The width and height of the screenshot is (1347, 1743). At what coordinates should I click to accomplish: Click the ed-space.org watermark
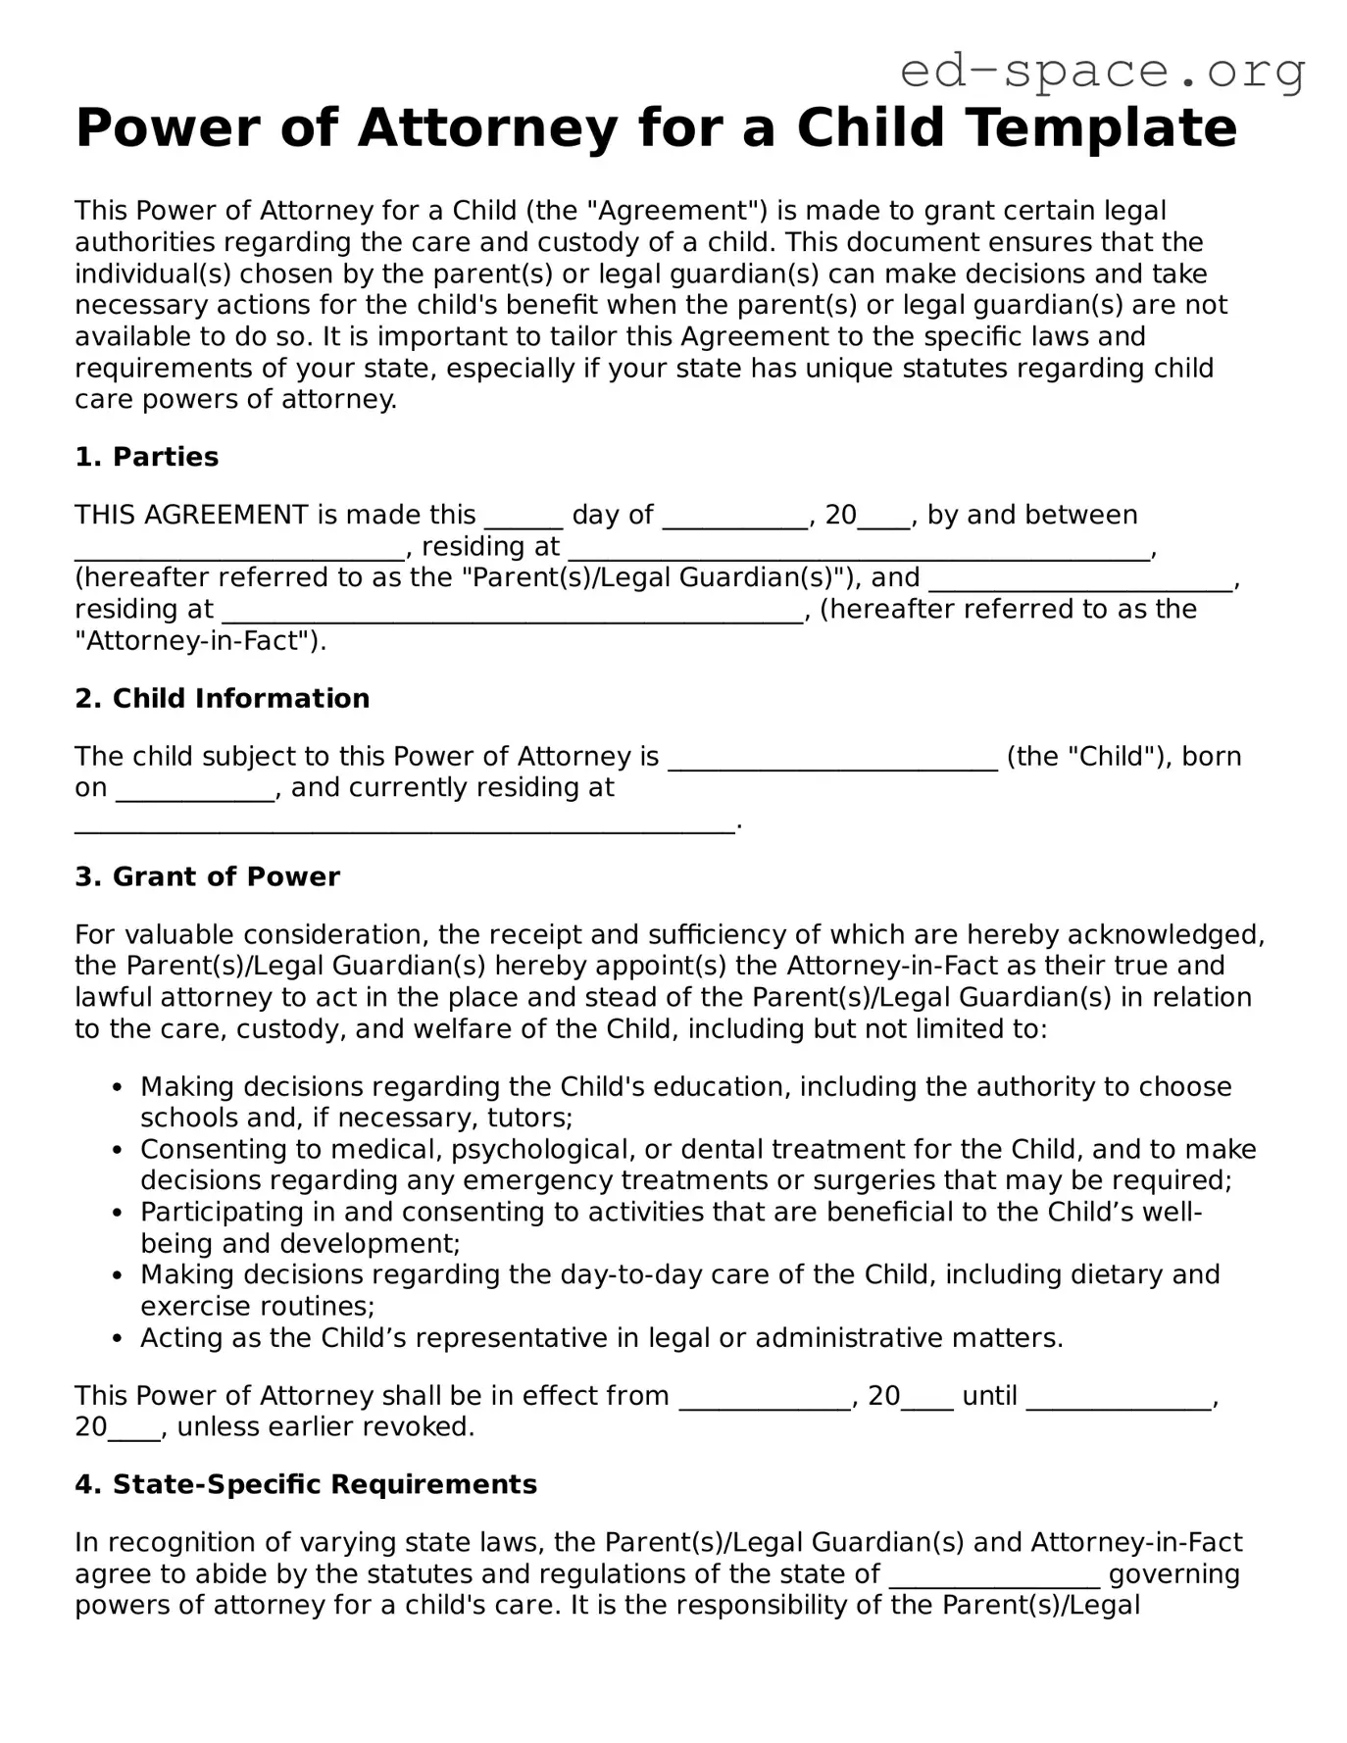[x=1102, y=71]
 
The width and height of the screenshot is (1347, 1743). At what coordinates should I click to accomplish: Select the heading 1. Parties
[x=147, y=457]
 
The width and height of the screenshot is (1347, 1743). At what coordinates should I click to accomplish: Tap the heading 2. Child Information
[x=223, y=698]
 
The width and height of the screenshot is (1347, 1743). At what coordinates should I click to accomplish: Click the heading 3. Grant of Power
[x=207, y=876]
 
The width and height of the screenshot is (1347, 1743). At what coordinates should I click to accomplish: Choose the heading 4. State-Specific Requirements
[x=306, y=1484]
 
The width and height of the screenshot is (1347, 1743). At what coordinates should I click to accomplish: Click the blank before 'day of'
[x=524, y=517]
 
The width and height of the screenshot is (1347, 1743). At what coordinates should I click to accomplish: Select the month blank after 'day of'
[x=735, y=517]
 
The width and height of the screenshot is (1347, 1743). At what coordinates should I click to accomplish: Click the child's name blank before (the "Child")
[x=832, y=758]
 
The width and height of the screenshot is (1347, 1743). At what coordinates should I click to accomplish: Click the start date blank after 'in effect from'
[x=765, y=1397]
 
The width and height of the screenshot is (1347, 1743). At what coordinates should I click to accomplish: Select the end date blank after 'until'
[x=1118, y=1397]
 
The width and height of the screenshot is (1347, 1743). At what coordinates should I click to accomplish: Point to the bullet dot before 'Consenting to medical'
[x=118, y=1150]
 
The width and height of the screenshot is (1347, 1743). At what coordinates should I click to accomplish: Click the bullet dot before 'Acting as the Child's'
[x=118, y=1338]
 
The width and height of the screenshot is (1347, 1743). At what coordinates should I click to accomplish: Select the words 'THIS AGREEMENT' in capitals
[x=191, y=516]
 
